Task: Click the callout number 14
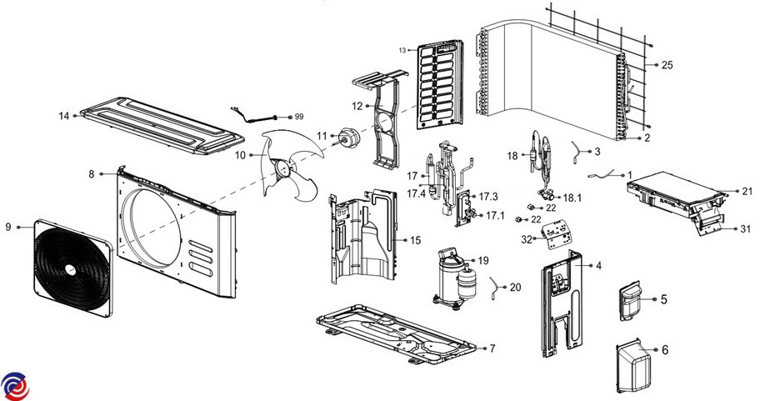click(x=63, y=115)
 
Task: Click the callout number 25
click(x=667, y=64)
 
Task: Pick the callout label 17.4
click(x=417, y=194)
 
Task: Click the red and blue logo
click(x=14, y=385)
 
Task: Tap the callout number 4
click(x=597, y=265)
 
